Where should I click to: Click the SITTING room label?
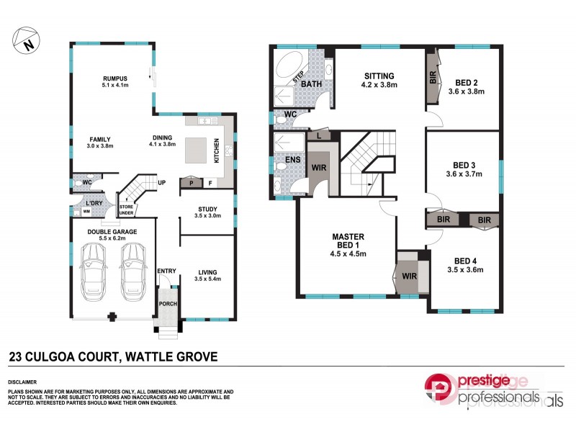[x=379, y=76]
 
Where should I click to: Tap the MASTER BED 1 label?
[x=348, y=240]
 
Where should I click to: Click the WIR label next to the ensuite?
[x=319, y=168]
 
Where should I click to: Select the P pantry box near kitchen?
[x=191, y=182]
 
